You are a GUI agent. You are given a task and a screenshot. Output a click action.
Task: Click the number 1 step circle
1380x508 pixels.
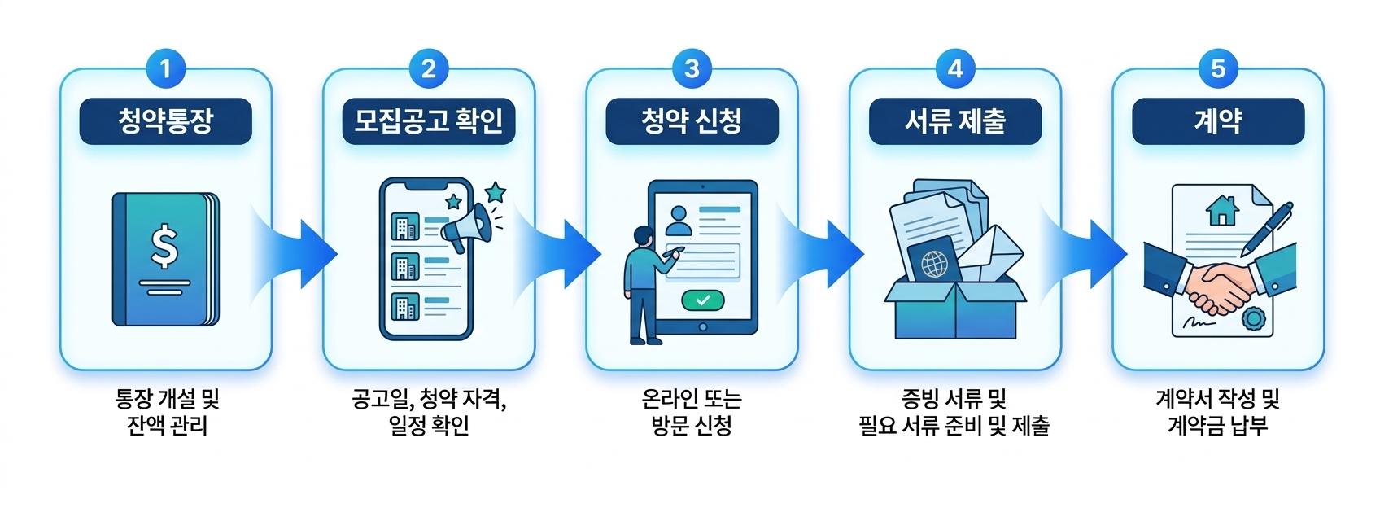[x=166, y=68]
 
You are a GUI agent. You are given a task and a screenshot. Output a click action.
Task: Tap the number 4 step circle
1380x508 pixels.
[x=955, y=68]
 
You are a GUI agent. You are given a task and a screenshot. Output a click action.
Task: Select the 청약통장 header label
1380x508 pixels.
[x=166, y=121]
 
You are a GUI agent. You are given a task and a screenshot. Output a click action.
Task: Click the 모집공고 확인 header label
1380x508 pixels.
[x=429, y=121]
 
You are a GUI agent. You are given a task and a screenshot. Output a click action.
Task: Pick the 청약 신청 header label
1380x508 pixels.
[x=692, y=121]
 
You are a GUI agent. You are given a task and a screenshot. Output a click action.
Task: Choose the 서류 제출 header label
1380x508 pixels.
[x=955, y=121]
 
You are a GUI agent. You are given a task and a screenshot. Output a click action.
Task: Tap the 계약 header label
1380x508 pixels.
[x=1218, y=121]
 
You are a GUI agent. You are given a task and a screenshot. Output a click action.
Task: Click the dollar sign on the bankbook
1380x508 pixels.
[x=164, y=247]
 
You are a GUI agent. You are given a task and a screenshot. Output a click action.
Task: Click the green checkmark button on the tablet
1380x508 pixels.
[x=703, y=300]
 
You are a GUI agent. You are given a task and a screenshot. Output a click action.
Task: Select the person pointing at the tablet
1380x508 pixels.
[x=644, y=285]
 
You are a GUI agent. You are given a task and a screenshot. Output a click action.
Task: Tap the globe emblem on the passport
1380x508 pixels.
[x=934, y=263]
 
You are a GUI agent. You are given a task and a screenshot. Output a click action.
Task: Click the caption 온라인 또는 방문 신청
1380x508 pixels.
[x=692, y=412]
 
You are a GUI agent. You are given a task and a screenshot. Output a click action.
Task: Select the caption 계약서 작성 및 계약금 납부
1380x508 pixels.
[x=1218, y=412]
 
